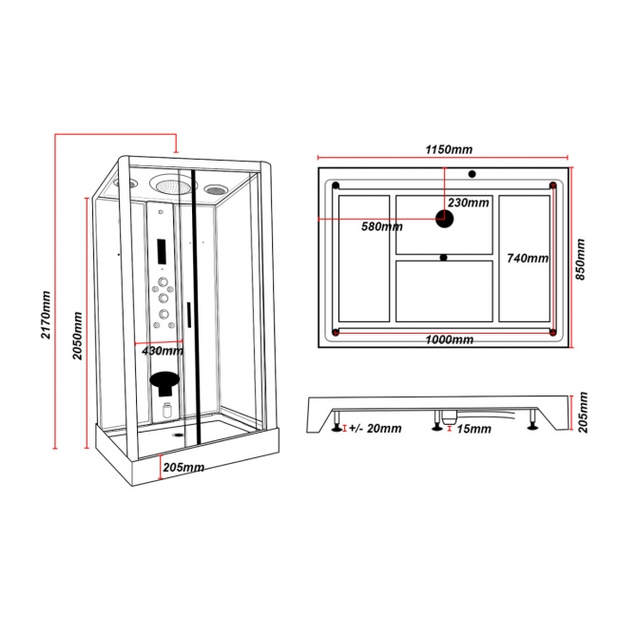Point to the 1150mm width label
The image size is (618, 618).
pos(448,149)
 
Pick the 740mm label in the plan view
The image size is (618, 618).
pos(528,258)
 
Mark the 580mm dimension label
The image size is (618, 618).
pos(381,226)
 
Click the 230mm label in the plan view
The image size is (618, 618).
pos(469,203)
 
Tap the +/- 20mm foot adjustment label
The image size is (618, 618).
pos(375,429)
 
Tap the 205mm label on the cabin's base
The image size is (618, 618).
pos(183,467)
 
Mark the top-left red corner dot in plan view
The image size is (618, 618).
pos(336,184)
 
